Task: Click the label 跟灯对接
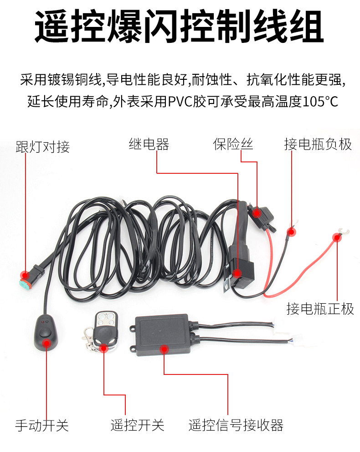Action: coord(43,147)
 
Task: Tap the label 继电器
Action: coord(149,144)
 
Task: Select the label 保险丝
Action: coord(233,144)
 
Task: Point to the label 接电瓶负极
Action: coord(318,144)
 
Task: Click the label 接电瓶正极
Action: coord(320,309)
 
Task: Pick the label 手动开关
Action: coord(42,426)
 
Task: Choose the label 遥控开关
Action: coord(137,425)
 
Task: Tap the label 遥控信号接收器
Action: coord(236,425)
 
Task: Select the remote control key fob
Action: coord(106,330)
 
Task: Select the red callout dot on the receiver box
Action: coord(164,350)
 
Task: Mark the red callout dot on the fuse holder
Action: coord(256,213)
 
